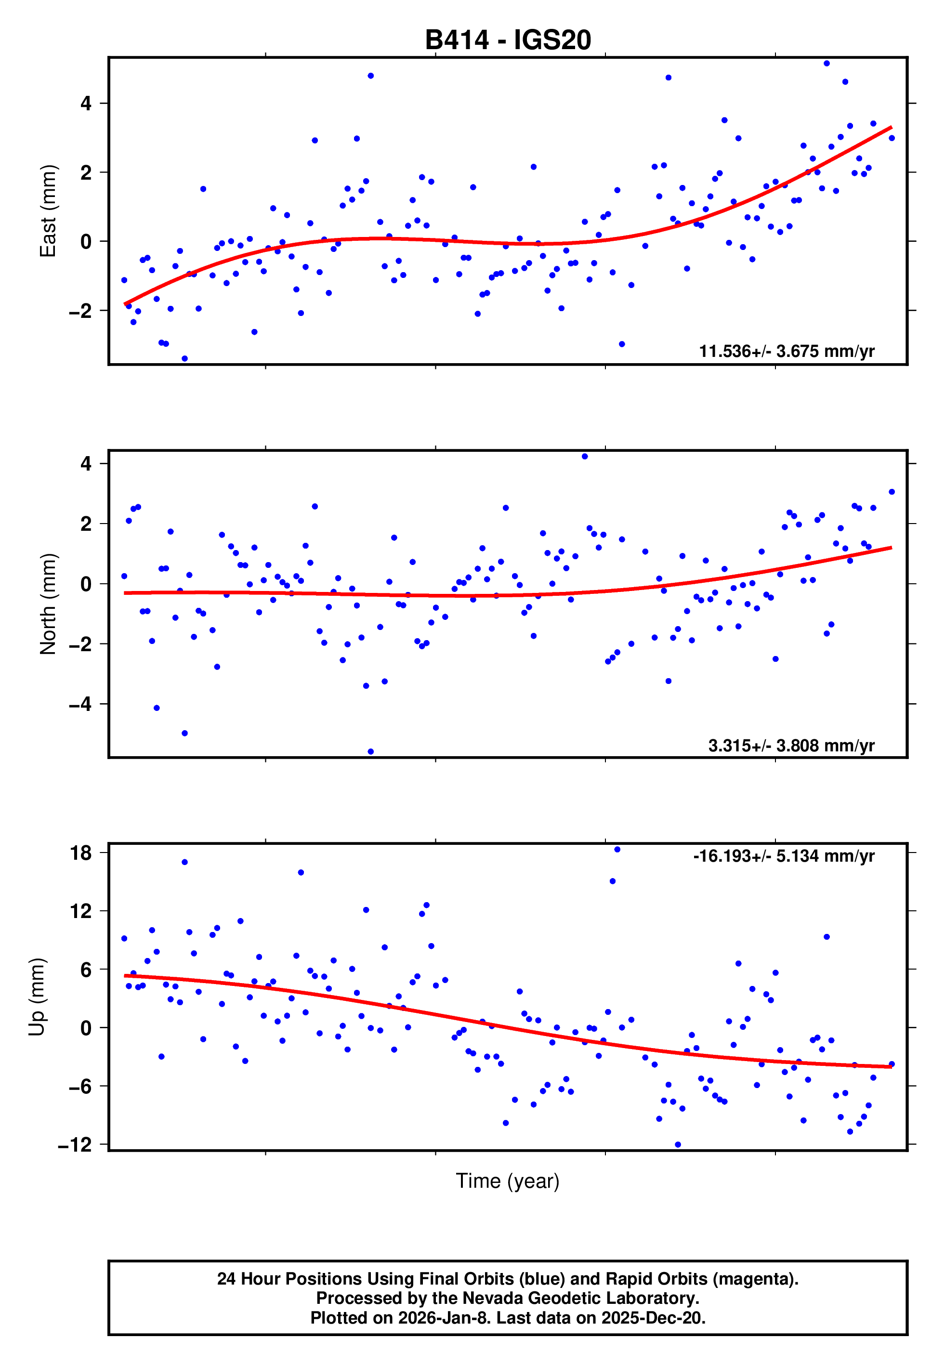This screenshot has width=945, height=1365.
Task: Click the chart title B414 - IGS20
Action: (508, 40)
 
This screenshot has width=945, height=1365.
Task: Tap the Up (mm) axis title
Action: (37, 997)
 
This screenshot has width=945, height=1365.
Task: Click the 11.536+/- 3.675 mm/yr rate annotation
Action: (787, 352)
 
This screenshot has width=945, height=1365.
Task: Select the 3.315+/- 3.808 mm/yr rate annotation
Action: (791, 746)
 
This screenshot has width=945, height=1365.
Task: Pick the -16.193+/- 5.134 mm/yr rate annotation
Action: (783, 856)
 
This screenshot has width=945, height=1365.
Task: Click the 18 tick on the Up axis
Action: (81, 853)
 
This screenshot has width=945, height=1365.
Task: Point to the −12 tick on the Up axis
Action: (75, 1145)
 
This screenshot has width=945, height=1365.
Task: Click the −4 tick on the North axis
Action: (80, 704)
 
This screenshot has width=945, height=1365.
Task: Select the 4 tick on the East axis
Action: (86, 104)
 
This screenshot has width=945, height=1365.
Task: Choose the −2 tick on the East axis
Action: (80, 311)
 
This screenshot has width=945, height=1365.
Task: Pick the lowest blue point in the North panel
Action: (371, 752)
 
